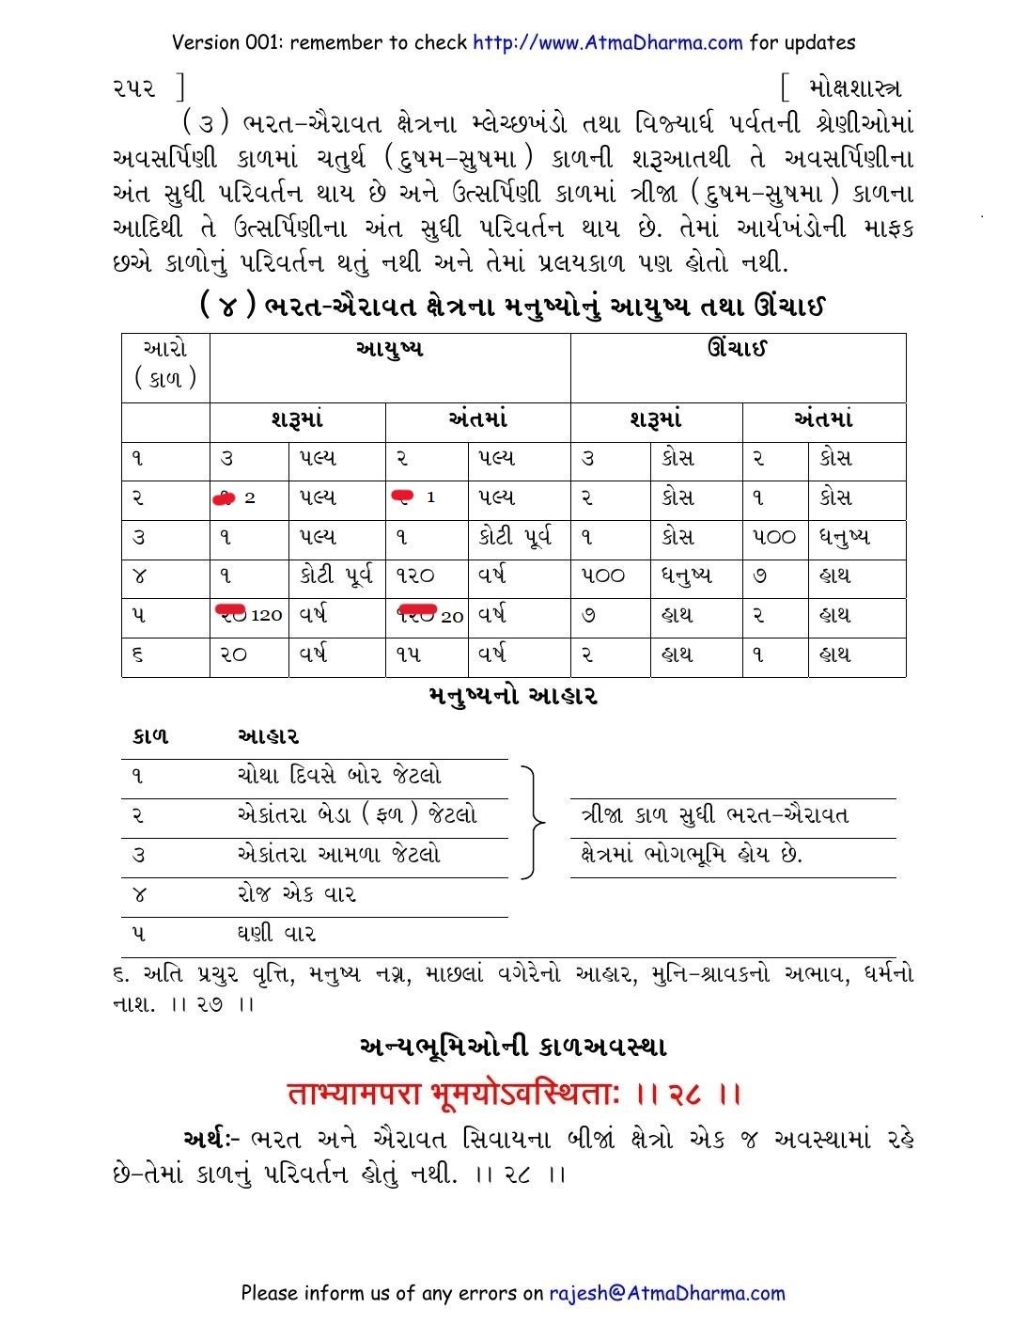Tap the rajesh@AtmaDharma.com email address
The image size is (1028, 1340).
click(x=666, y=1293)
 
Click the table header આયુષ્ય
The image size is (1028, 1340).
click(x=389, y=349)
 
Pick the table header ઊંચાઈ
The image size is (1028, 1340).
click(x=738, y=349)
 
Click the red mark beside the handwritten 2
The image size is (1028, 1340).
click(x=224, y=498)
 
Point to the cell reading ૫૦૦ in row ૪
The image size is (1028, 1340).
click(x=601, y=575)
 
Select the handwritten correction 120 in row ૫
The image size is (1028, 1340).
click(x=266, y=615)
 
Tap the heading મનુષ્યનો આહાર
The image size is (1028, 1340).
click(x=512, y=697)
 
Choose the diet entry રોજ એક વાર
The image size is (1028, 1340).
click(x=296, y=894)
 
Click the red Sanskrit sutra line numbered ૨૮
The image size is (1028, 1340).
click(x=514, y=1094)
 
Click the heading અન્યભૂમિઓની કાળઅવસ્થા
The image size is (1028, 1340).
click(x=513, y=1046)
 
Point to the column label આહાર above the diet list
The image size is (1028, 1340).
click(x=267, y=736)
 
